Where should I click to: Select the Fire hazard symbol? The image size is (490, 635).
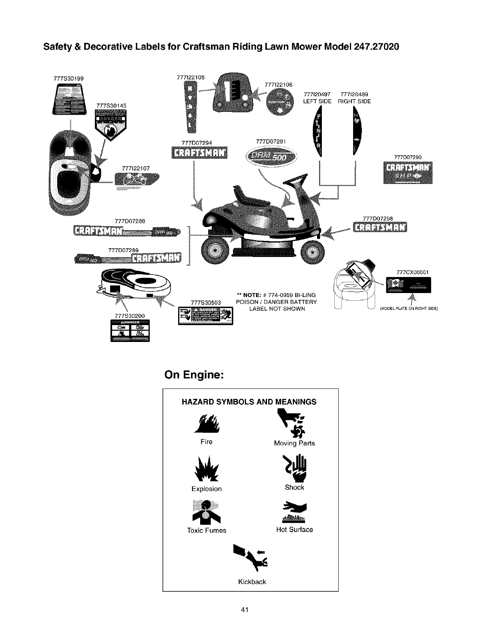pyautogui.click(x=206, y=425)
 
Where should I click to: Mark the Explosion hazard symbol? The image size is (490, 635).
pyautogui.click(x=206, y=469)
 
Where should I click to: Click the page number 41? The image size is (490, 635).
pyautogui.click(x=245, y=610)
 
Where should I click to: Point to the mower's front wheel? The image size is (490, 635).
pyautogui.click(x=313, y=253)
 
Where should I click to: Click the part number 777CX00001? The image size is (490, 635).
pyautogui.click(x=412, y=273)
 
